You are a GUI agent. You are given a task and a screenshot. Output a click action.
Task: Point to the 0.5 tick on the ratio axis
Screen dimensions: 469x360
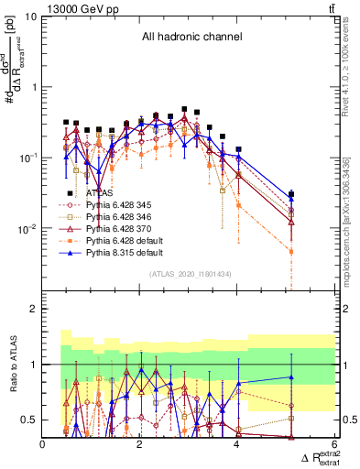(29, 420)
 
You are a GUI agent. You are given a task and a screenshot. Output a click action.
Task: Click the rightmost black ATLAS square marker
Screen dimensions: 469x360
(291, 194)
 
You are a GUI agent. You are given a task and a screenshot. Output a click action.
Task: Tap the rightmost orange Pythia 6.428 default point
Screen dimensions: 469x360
(291, 251)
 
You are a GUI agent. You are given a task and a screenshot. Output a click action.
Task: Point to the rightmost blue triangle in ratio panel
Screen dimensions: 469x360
(291, 377)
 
